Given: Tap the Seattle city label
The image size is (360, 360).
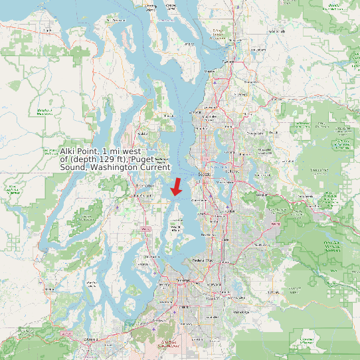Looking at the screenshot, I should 205,174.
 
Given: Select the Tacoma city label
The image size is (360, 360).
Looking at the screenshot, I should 182,281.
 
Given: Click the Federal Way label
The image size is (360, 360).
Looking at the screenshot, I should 201,260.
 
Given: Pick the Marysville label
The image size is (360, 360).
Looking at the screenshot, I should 235,41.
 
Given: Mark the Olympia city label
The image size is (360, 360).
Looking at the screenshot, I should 89,339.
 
